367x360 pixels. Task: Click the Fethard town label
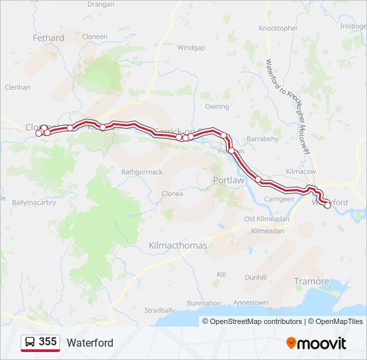[49, 38]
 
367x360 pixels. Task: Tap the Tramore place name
[312, 281]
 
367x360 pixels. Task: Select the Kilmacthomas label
[178, 245]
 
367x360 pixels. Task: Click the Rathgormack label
[141, 172]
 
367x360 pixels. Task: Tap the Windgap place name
[191, 47]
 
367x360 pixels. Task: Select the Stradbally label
[159, 310]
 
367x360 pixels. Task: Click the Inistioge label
[353, 26]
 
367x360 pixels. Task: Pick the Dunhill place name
[256, 277]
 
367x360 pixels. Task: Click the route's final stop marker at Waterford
[328, 205]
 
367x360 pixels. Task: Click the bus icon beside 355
[31, 342]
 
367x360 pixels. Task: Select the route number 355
[47, 342]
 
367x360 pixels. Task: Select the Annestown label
[251, 303]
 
